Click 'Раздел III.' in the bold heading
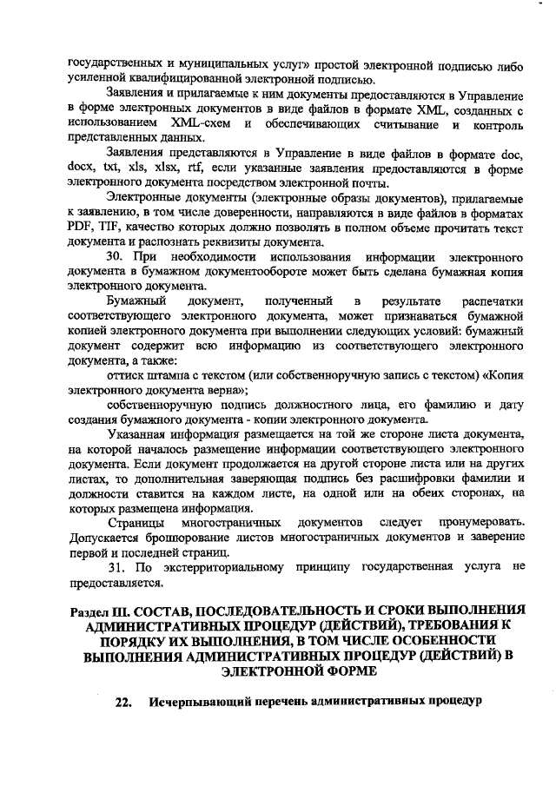pyautogui.click(x=101, y=611)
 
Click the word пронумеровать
pyautogui.click(x=482, y=522)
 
